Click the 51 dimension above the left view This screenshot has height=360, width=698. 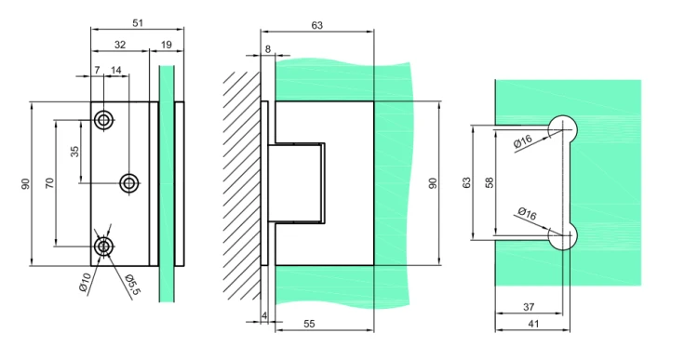click(x=138, y=22)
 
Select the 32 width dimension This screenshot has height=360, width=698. click(x=120, y=45)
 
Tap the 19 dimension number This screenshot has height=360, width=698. click(x=166, y=45)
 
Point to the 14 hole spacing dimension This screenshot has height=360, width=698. click(x=115, y=70)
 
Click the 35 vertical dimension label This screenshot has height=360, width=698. click(x=74, y=152)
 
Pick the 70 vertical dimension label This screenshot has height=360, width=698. click(x=49, y=182)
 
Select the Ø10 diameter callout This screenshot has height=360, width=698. click(x=85, y=282)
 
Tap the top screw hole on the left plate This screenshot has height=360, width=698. click(x=103, y=120)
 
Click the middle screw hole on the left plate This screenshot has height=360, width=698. click(x=129, y=182)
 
